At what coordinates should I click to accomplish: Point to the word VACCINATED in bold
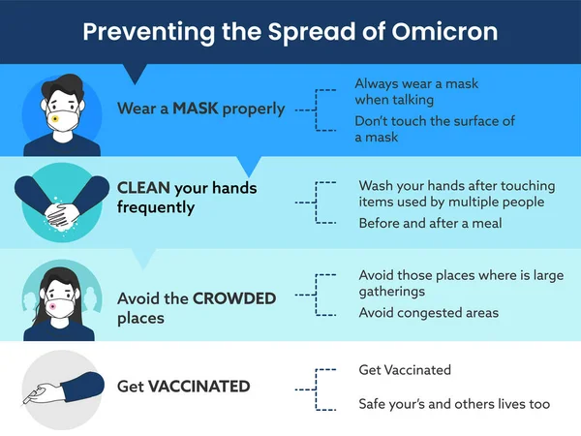(199, 387)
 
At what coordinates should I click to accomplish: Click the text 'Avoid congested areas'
(428, 312)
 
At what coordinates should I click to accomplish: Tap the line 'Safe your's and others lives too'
(454, 403)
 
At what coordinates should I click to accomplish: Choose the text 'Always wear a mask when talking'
(415, 91)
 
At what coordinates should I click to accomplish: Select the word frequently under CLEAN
(156, 206)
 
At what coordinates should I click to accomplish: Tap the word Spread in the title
(326, 31)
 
